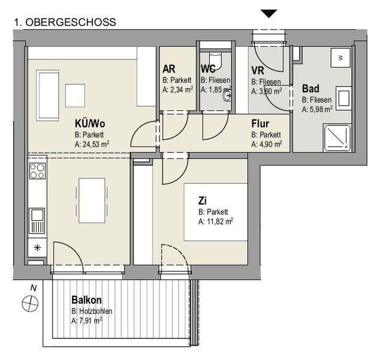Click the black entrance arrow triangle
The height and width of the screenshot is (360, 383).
(x=269, y=13)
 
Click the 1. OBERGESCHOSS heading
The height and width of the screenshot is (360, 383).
(x=65, y=22)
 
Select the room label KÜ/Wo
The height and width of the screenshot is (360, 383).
(x=90, y=124)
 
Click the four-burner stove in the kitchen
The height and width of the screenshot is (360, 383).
(x=37, y=171)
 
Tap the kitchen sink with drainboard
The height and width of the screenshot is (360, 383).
(x=37, y=221)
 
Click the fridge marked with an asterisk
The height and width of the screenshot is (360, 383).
(x=37, y=248)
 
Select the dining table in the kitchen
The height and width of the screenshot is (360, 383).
(x=92, y=200)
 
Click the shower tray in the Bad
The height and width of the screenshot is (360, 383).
(x=337, y=137)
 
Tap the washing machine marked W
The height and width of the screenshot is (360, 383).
(x=340, y=58)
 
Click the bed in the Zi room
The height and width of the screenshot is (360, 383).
(x=216, y=212)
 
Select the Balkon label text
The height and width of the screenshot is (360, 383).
(x=86, y=300)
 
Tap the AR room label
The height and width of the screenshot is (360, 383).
(x=169, y=69)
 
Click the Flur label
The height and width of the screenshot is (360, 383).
(x=260, y=124)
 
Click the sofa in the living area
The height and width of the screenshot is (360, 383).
(x=47, y=95)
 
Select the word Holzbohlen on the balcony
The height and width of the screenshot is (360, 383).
(x=96, y=311)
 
